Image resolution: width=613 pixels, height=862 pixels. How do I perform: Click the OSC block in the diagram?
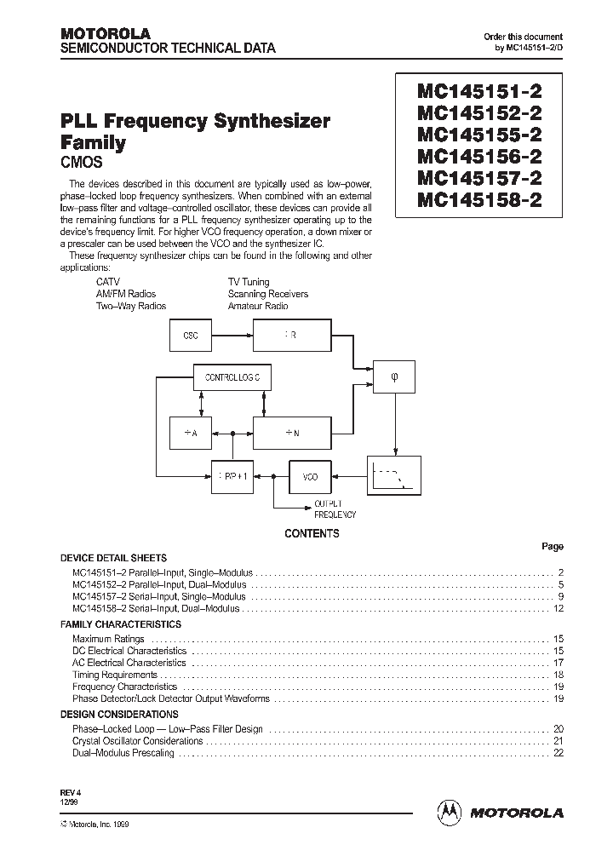[x=191, y=336]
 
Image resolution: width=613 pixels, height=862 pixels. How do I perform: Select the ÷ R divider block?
[x=289, y=336]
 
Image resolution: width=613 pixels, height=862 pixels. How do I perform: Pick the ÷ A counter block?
[x=191, y=433]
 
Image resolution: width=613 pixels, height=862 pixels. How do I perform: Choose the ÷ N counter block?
[x=289, y=433]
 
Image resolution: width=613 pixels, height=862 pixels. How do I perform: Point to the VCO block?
[x=310, y=478]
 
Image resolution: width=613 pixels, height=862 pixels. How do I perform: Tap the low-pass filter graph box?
[x=393, y=476]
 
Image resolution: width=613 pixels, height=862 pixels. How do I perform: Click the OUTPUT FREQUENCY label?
[x=335, y=509]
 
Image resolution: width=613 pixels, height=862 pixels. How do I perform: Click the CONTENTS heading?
[x=312, y=534]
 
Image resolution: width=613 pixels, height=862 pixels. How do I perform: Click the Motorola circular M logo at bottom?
[x=448, y=813]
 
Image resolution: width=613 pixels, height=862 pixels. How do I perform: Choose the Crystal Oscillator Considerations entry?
[x=138, y=741]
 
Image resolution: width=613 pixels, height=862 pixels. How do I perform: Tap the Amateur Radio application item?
[x=258, y=306]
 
